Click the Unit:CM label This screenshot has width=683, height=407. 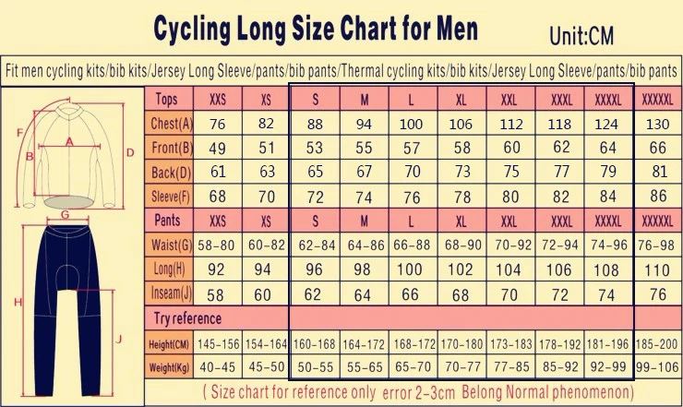581,36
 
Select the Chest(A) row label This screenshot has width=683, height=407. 172,124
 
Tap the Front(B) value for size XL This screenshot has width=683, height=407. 461,148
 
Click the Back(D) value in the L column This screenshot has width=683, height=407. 412,172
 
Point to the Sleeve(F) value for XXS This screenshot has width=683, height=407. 218,196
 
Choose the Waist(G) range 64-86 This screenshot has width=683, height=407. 364,245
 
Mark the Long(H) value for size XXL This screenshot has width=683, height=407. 509,269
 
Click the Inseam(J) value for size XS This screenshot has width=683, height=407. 266,293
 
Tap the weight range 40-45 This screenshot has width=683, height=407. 218,367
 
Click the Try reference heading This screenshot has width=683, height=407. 187,318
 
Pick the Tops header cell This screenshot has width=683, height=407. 167,99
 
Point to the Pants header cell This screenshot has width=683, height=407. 167,221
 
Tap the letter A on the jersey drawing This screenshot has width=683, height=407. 68,141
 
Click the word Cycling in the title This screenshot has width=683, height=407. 197,30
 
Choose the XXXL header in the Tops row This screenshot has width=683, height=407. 561,99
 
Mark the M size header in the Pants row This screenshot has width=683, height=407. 364,221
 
